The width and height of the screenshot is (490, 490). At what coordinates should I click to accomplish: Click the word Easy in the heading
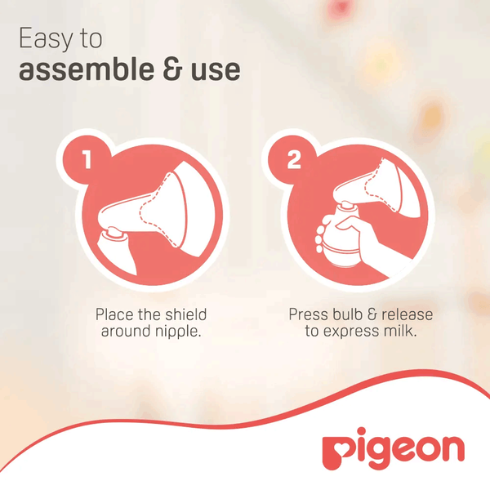pyautogui.click(x=46, y=39)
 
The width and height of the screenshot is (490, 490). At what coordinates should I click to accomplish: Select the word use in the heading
pyautogui.click(x=216, y=70)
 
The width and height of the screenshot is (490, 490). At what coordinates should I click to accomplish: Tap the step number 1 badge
pyautogui.click(x=87, y=159)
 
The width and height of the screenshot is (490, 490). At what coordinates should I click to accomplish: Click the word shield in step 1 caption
pyautogui.click(x=186, y=314)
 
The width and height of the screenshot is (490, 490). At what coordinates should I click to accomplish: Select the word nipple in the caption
pyautogui.click(x=175, y=332)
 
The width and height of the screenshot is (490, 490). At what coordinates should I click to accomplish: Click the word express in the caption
pyautogui.click(x=351, y=332)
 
